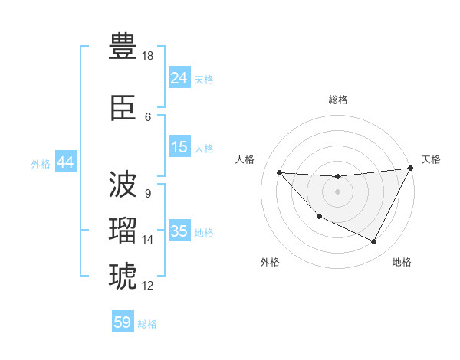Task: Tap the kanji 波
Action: [123, 184]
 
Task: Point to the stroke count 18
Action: [148, 56]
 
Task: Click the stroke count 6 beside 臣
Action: [148, 117]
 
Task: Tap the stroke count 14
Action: [148, 240]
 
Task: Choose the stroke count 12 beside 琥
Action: [148, 286]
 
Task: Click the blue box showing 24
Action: [179, 77]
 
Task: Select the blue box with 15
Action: [179, 147]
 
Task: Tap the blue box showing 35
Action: [179, 231]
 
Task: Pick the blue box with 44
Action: [65, 162]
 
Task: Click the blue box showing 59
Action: [123, 322]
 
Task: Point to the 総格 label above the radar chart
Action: [337, 100]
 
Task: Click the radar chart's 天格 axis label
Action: [431, 159]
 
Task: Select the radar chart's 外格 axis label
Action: [270, 262]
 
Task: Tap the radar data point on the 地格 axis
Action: [374, 242]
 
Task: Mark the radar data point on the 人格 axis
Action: [279, 172]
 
